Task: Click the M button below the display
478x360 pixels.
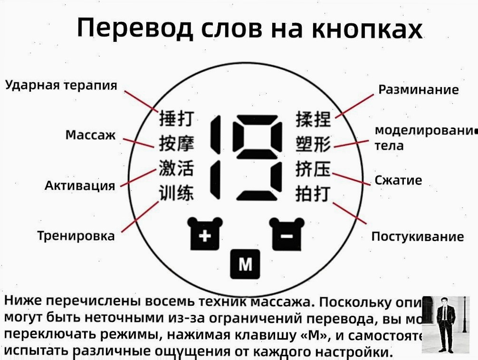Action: point(245,263)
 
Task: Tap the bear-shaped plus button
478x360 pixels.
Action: point(204,234)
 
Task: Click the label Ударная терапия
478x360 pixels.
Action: point(61,85)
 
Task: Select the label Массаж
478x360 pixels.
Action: point(90,135)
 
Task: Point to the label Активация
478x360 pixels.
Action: point(80,185)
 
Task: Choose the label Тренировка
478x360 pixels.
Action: point(76,236)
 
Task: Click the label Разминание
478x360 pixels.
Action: point(418,89)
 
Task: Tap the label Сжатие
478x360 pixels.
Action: point(398,180)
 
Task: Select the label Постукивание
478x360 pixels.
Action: point(417,236)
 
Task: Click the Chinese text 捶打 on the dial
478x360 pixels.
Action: point(176,118)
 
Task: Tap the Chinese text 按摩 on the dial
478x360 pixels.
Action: point(176,143)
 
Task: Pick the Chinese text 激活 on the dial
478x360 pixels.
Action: point(176,168)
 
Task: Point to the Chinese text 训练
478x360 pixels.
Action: point(176,194)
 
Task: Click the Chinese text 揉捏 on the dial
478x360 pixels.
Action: point(313,119)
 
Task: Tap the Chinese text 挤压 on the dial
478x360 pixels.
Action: point(313,169)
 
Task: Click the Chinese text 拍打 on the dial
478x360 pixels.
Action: point(313,194)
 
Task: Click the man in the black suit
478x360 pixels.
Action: point(445,324)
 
